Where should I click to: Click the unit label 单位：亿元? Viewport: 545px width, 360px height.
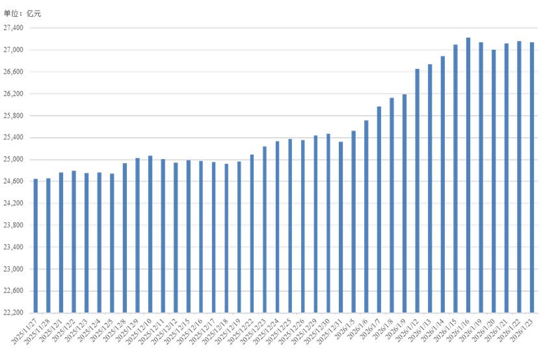22,14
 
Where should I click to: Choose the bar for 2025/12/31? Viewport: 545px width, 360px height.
341,227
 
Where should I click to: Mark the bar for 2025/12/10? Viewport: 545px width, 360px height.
150,234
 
